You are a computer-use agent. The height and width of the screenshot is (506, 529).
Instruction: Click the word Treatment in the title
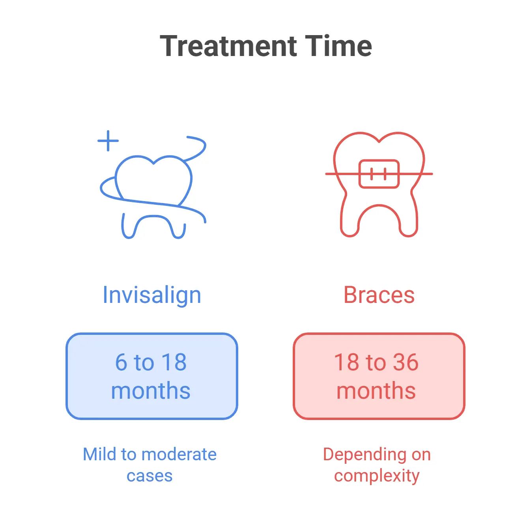coord(228,46)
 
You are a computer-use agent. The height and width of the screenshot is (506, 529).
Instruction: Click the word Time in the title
coord(338,46)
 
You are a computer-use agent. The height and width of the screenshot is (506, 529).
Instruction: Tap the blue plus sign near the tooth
coord(108,141)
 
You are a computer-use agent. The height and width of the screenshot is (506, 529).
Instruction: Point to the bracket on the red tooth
coord(379,174)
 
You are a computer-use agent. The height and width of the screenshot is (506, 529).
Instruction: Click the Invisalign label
coord(152,295)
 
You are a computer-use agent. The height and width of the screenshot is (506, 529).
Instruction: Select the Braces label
coord(379,295)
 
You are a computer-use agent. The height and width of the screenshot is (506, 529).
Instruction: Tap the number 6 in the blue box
coord(121,362)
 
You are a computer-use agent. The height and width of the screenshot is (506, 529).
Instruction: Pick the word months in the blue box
coord(151,391)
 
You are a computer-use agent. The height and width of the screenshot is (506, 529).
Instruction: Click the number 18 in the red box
coord(346,362)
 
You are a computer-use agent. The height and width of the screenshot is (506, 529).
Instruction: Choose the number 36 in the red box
coord(405,362)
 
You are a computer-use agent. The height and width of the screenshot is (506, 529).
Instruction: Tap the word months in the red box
coord(376,391)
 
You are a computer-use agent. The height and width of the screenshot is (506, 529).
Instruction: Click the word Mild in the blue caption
coord(99,454)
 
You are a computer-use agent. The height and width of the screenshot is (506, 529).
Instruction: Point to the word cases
coord(150,476)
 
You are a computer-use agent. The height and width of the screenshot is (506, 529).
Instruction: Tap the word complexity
coord(377,476)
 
